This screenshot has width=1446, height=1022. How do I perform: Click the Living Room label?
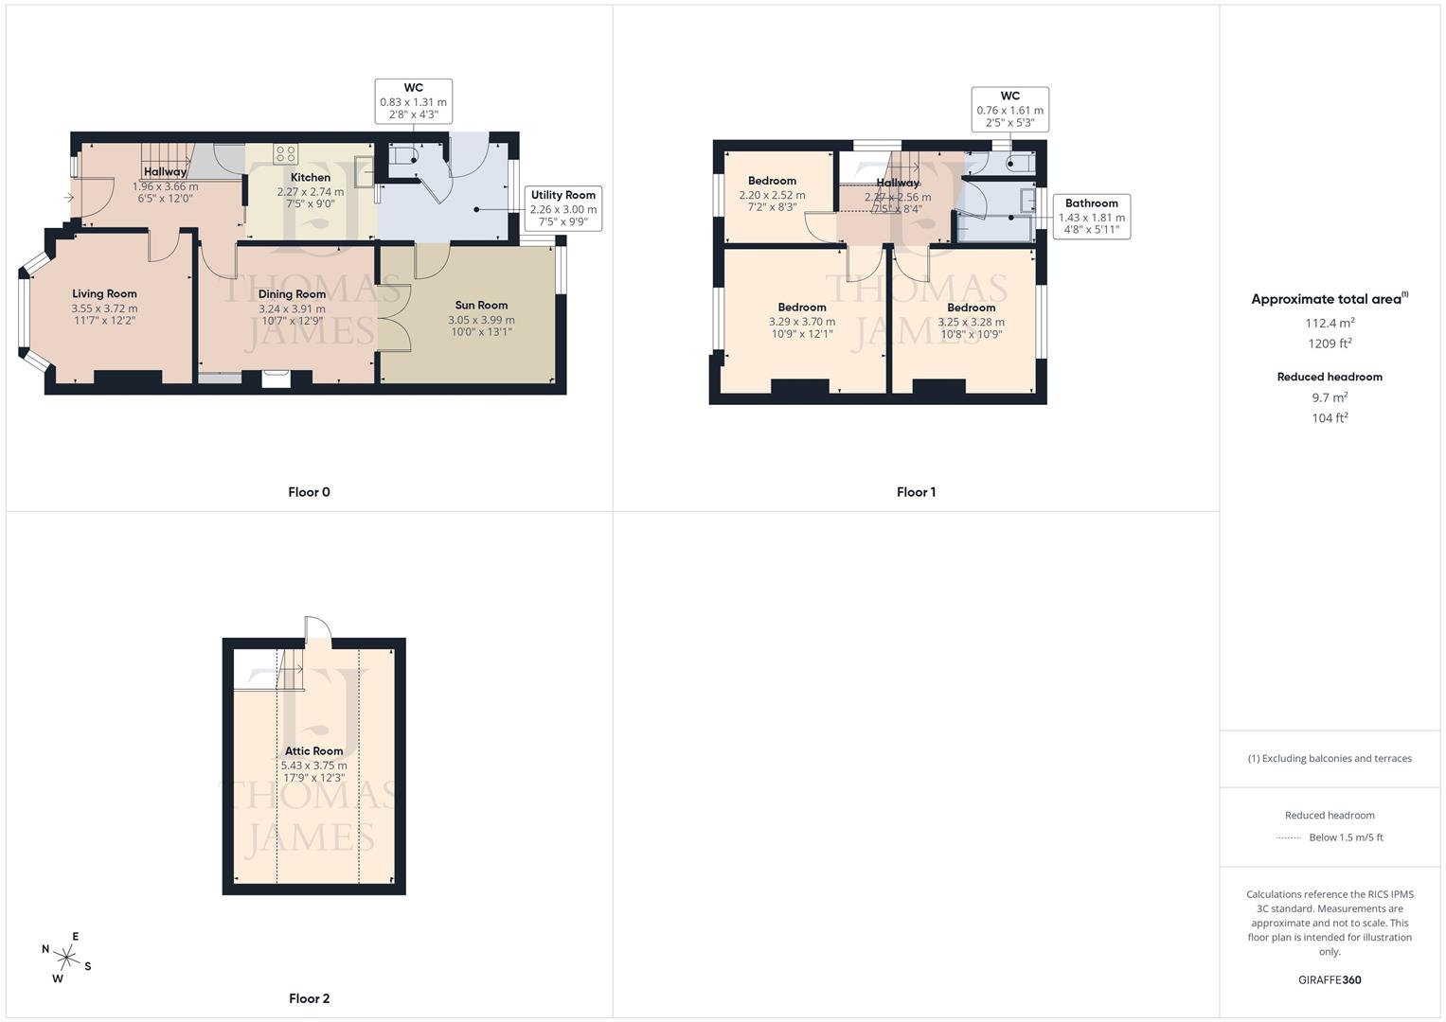point(104,293)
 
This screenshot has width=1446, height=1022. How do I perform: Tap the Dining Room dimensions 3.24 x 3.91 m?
point(292,308)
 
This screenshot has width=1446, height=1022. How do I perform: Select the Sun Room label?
point(481,305)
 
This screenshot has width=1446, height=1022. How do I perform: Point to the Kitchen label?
point(311,177)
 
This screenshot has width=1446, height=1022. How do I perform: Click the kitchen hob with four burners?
point(285,153)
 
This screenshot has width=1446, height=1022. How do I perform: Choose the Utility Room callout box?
point(563,208)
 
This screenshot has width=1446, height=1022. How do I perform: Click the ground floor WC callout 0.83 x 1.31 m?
point(414,101)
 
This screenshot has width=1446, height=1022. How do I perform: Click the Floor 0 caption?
point(309,492)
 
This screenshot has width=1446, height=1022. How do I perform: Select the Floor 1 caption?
point(916,492)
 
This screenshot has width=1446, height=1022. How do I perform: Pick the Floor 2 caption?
point(309,998)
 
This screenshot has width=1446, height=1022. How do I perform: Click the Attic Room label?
point(313,750)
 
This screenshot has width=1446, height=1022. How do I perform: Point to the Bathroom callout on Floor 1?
point(1091,216)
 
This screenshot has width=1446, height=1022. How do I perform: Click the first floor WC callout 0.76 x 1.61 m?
point(1009,109)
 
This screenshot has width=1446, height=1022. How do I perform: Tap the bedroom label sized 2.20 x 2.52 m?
point(772,181)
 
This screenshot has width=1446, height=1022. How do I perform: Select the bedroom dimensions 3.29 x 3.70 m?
point(802,322)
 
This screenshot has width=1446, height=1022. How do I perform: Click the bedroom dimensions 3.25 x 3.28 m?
point(971,322)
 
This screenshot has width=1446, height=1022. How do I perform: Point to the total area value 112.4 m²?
point(1330,323)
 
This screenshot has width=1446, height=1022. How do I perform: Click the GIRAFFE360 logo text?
point(1330,980)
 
